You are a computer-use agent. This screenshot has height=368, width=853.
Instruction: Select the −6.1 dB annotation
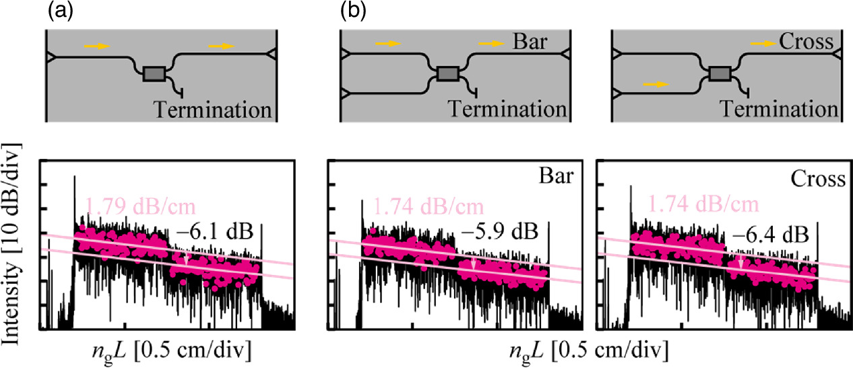pyautogui.click(x=214, y=233)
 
